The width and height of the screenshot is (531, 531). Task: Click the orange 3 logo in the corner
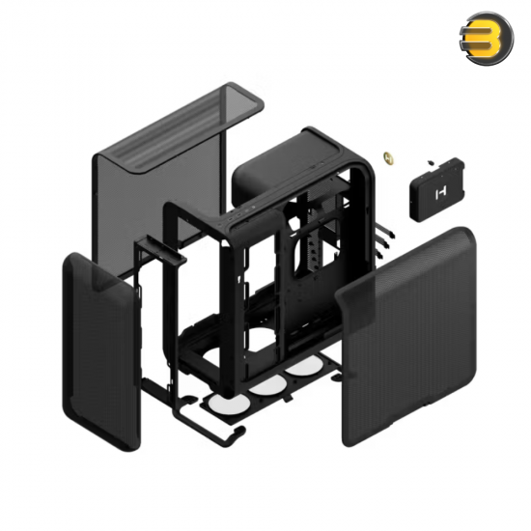tap(486, 38)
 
